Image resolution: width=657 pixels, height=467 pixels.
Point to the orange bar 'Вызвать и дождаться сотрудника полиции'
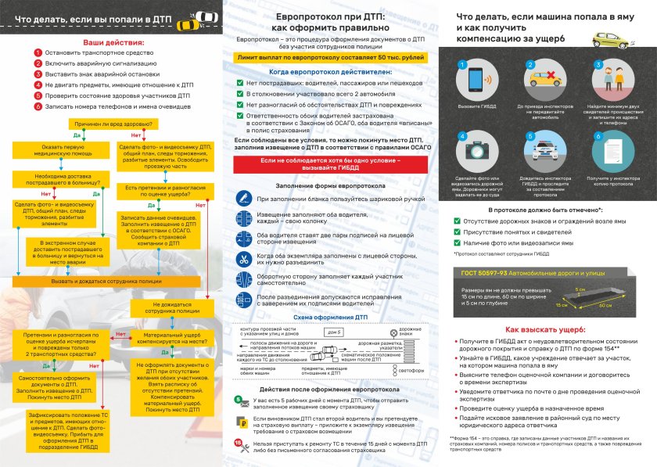click(106, 280)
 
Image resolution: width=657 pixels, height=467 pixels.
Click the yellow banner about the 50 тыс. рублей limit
click(330, 58)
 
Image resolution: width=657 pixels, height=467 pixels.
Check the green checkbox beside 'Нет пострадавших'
click(239, 82)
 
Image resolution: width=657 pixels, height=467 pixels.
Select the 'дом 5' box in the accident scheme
click(332, 333)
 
